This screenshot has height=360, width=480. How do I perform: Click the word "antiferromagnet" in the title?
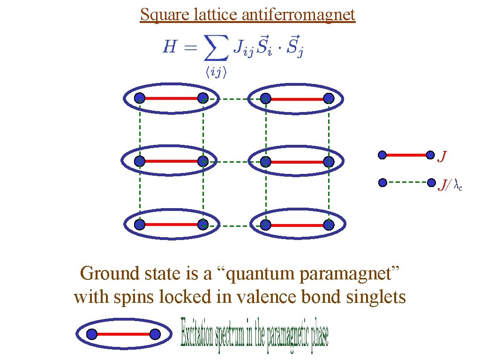pos(299,15)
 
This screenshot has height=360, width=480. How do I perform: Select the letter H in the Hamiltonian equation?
pos(170,47)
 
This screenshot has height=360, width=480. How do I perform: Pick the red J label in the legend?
pos(442,156)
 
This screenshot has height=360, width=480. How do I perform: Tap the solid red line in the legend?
pos(406,154)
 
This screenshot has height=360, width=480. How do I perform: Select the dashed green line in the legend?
pos(406,182)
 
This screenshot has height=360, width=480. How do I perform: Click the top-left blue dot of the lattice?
pos(139,98)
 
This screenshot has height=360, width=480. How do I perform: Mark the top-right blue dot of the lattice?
pos(329,98)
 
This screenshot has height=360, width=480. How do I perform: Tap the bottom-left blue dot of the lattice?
pos(139,225)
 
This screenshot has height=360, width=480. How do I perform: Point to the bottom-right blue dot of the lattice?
pos(329,225)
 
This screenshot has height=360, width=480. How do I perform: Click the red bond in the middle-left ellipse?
pos(171,161)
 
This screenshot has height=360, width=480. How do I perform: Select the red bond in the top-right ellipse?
pos(297,98)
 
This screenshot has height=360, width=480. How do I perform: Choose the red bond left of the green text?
pos(124,334)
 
